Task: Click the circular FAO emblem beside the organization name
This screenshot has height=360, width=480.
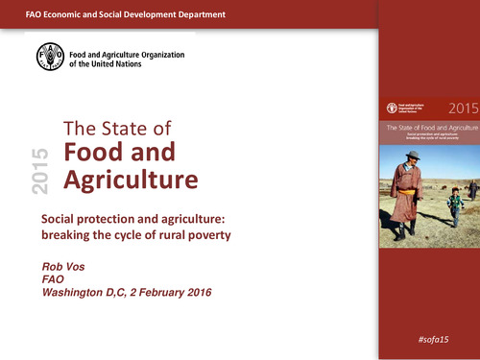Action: pos(52,59)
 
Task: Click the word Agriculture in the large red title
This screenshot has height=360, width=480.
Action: pos(131,180)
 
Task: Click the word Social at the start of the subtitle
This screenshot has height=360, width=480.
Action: pos(60,219)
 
